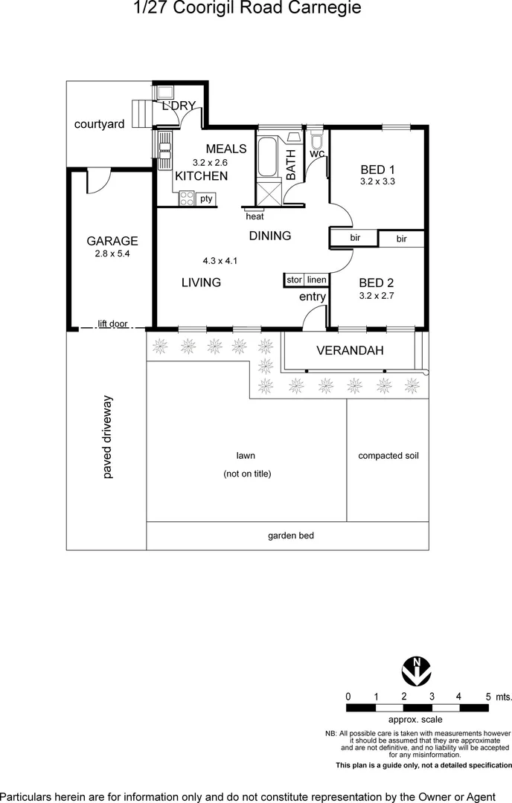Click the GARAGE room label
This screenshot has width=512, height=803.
[x=112, y=241]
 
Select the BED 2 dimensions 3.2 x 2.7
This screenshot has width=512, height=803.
[x=377, y=295]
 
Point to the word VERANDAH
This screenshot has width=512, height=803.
[x=345, y=350]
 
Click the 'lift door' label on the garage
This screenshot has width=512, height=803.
[x=112, y=324]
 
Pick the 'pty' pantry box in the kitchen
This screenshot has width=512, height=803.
[x=206, y=199]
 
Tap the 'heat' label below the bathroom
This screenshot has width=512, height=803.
[x=255, y=216]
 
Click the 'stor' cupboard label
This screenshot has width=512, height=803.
[x=295, y=280]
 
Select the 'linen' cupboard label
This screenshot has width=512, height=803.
[x=316, y=280]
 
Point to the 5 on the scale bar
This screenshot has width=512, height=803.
[x=488, y=697]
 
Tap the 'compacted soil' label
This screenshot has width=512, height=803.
[x=388, y=456]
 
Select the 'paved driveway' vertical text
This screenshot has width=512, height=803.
[x=107, y=437]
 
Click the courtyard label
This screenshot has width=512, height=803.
[x=99, y=124]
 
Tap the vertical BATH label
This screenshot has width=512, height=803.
[x=290, y=165]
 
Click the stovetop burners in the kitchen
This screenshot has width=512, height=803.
[x=186, y=198]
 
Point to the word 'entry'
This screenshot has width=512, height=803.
[x=313, y=297]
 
